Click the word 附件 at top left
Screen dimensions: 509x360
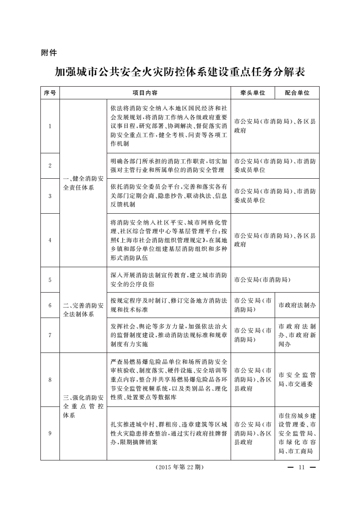(49, 53)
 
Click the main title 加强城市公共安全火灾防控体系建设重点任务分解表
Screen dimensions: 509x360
(180, 72)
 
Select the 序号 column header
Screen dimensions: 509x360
(50, 93)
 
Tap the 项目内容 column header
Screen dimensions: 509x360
(145, 93)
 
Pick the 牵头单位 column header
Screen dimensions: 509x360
(253, 93)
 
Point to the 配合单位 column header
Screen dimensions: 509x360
(297, 93)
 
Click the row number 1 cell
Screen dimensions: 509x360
(50, 126)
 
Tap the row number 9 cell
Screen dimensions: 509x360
(50, 433)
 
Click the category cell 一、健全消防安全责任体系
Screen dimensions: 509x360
(83, 183)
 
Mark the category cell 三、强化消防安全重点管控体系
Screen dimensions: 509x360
(83, 406)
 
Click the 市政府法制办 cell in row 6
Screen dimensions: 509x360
(297, 305)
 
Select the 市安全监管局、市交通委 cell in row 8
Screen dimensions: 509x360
(297, 380)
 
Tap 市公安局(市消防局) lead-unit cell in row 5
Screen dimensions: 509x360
(262, 280)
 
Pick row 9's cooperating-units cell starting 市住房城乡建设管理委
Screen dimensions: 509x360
(297, 433)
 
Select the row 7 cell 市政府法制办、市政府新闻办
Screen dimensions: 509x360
(297, 335)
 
